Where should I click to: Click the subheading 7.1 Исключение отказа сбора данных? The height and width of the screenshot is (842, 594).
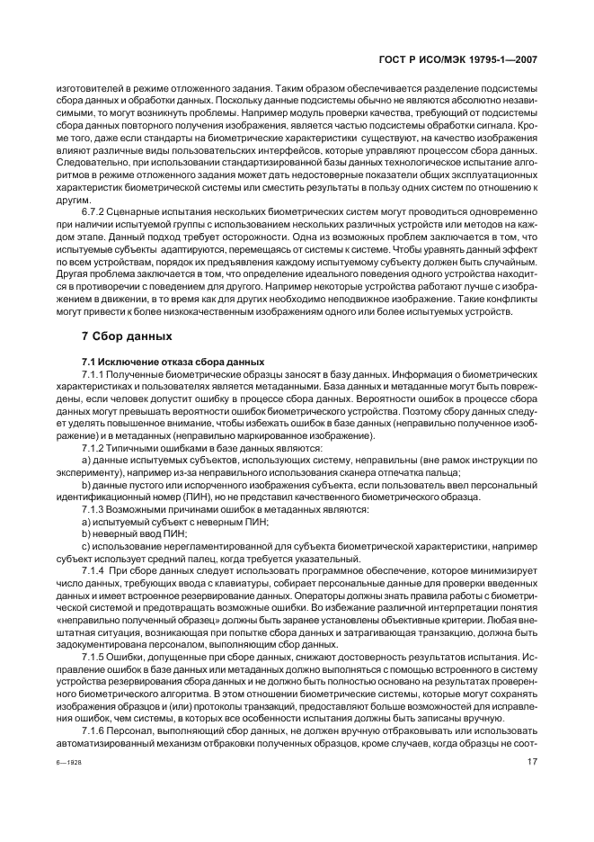coord(161,360)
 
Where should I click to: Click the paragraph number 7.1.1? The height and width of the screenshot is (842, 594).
coord(96,372)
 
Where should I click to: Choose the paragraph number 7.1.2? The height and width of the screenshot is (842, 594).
coord(96,447)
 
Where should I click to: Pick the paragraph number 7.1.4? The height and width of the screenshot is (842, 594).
coord(96,571)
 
